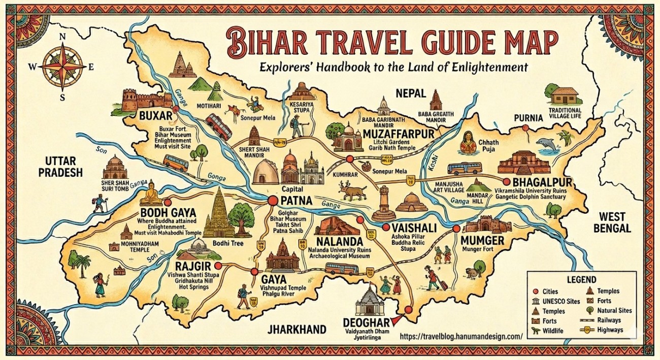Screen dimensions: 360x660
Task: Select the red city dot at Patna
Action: [x=272, y=201]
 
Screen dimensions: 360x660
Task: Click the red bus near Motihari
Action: [x=220, y=126]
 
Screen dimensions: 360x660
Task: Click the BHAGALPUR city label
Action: [x=543, y=182]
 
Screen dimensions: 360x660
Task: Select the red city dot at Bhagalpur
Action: [x=506, y=181]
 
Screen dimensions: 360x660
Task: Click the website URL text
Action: [x=461, y=336]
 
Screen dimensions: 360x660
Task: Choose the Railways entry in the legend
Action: [x=611, y=320]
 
